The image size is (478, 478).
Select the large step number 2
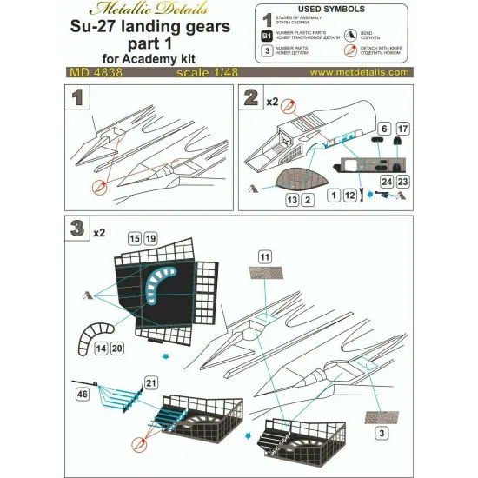(253, 96)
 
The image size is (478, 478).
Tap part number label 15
(134, 237)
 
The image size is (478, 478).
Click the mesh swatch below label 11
(265, 274)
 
